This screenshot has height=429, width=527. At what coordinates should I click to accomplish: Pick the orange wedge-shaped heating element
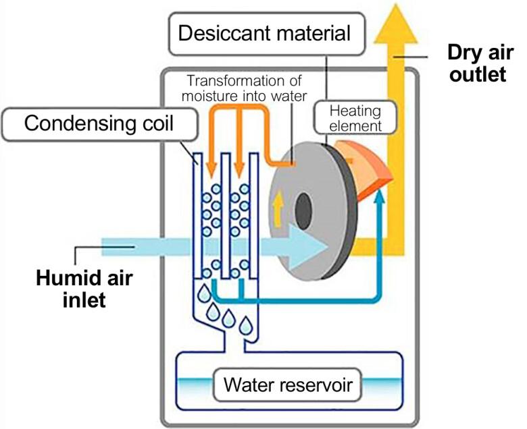pos(369,168)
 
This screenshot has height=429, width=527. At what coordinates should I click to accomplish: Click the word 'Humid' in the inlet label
pos(64,275)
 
